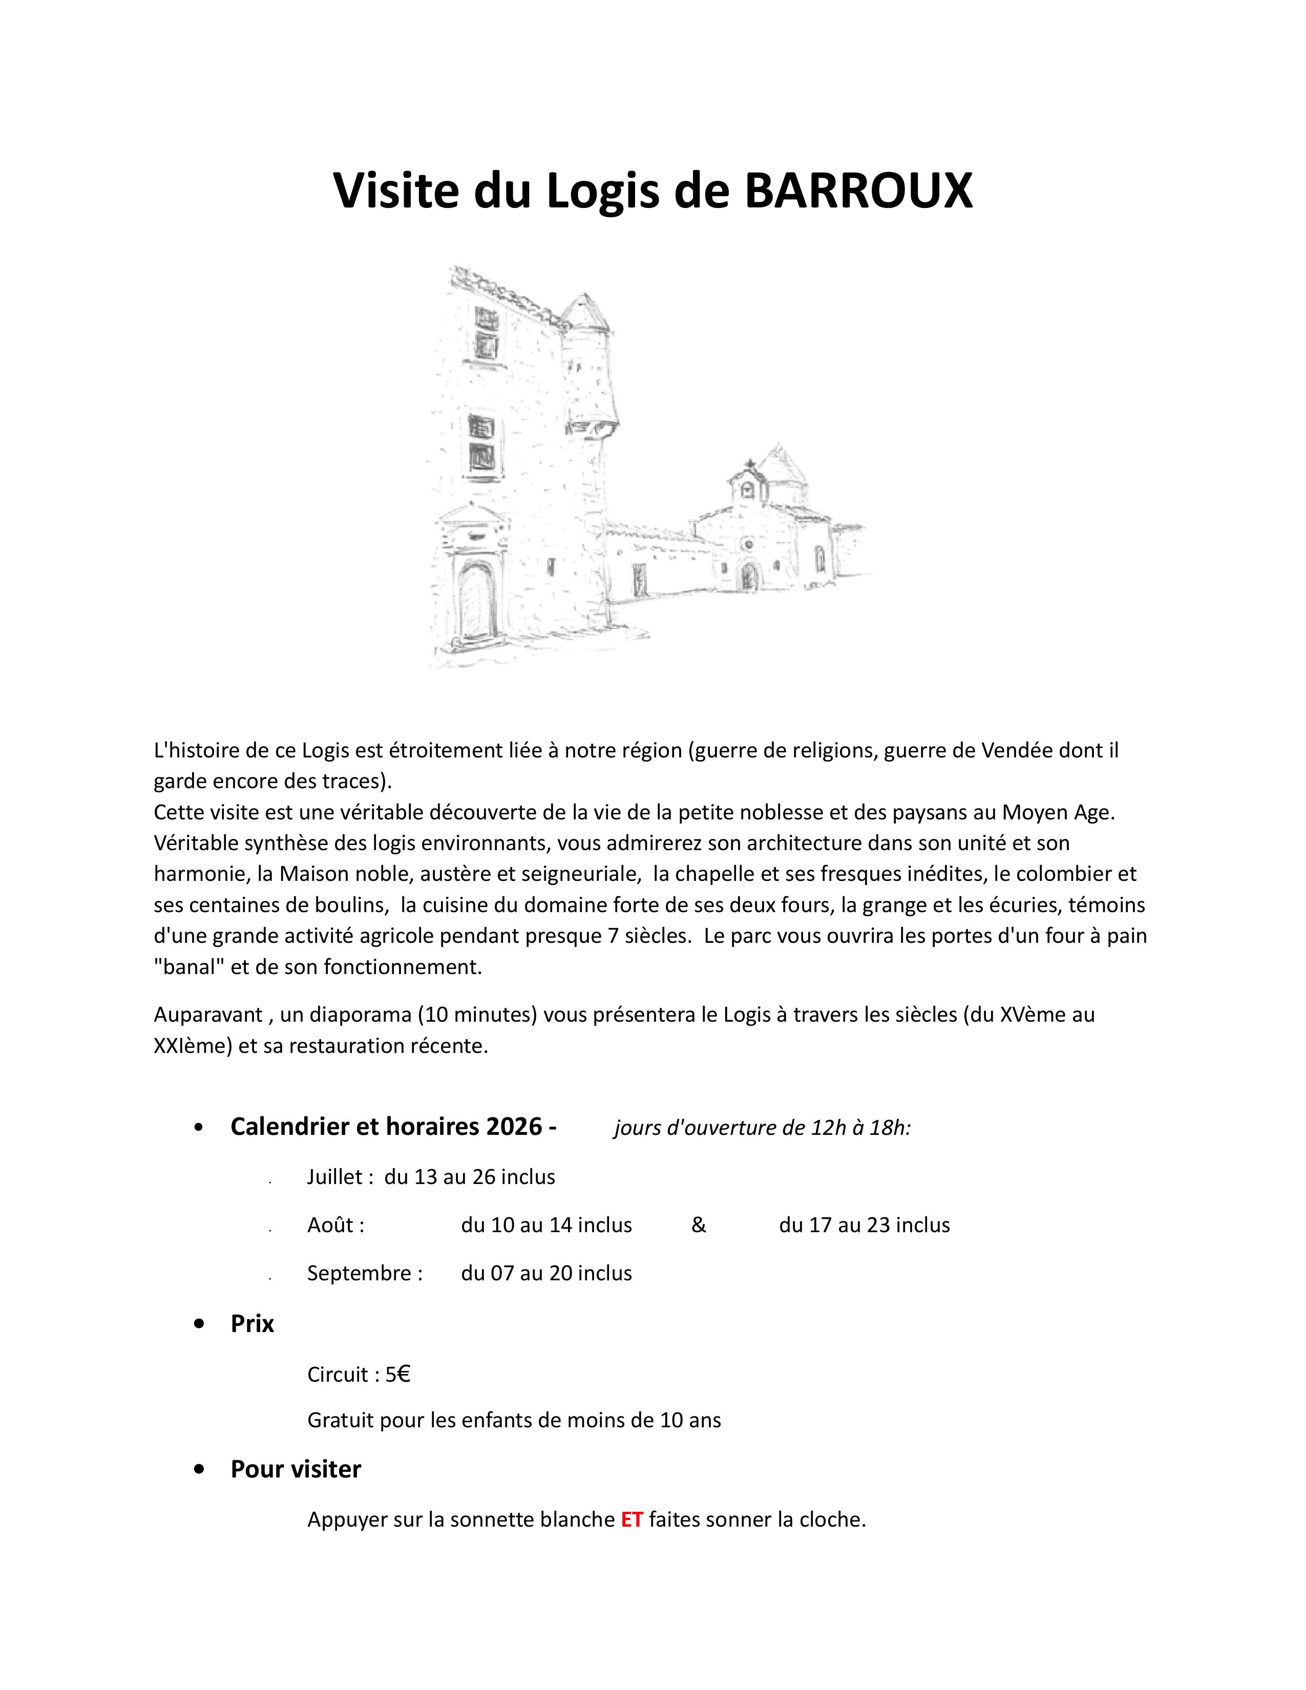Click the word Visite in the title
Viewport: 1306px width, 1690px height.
394,191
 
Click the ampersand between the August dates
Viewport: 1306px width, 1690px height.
699,1225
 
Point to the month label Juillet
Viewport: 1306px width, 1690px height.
335,1177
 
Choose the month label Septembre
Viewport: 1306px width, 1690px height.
365,1273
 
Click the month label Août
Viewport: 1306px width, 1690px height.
335,1225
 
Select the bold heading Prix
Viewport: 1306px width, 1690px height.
252,1323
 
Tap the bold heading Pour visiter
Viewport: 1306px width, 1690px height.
296,1469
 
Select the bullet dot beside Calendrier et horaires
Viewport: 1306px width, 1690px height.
200,1128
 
